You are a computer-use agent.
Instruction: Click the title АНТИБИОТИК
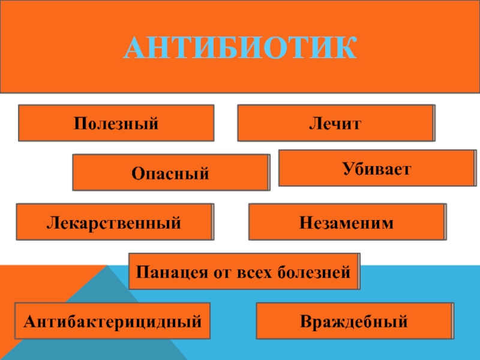pyautogui.click(x=240, y=48)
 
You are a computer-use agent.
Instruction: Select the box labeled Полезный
pyautogui.click(x=116, y=124)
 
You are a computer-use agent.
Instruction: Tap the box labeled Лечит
pyautogui.click(x=336, y=124)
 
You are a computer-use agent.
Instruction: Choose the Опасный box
pyautogui.click(x=171, y=173)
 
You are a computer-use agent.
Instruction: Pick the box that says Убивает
pyautogui.click(x=377, y=169)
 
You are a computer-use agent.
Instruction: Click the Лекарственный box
pyautogui.click(x=114, y=223)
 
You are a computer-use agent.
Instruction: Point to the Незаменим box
pyautogui.click(x=347, y=223)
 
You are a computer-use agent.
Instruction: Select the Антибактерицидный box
pyautogui.click(x=112, y=322)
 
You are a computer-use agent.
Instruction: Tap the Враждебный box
pyautogui.click(x=354, y=322)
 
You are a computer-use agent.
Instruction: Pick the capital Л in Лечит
pyautogui.click(x=314, y=124)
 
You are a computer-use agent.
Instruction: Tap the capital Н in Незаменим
pyautogui.click(x=305, y=223)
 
